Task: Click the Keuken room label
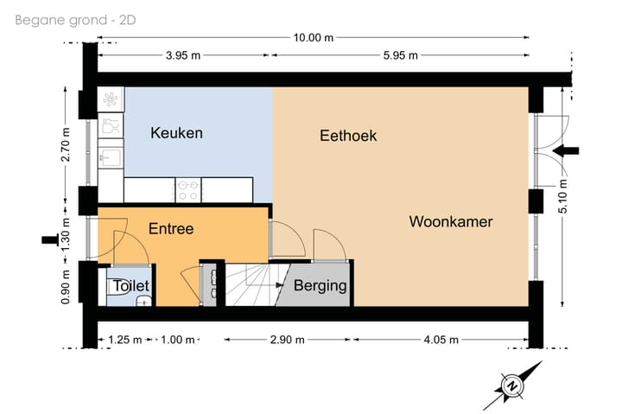pyautogui.click(x=176, y=133)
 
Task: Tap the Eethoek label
pyautogui.click(x=348, y=136)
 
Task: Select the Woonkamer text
pyautogui.click(x=451, y=222)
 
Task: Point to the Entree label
pyautogui.click(x=171, y=229)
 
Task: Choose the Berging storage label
pyautogui.click(x=321, y=286)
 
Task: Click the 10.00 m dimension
pyautogui.click(x=312, y=37)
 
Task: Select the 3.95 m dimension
pyautogui.click(x=182, y=56)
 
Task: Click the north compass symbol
pyautogui.click(x=512, y=385)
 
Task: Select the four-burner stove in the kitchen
pyautogui.click(x=188, y=185)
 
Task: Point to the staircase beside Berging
pyautogui.click(x=251, y=286)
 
